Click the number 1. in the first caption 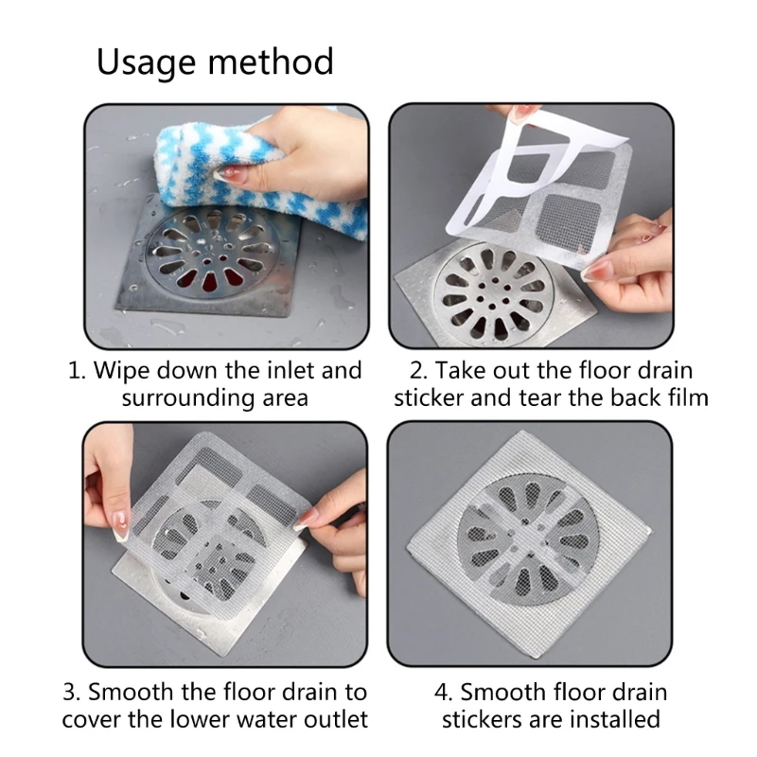coord(77,370)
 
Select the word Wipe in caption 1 coord(122,370)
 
